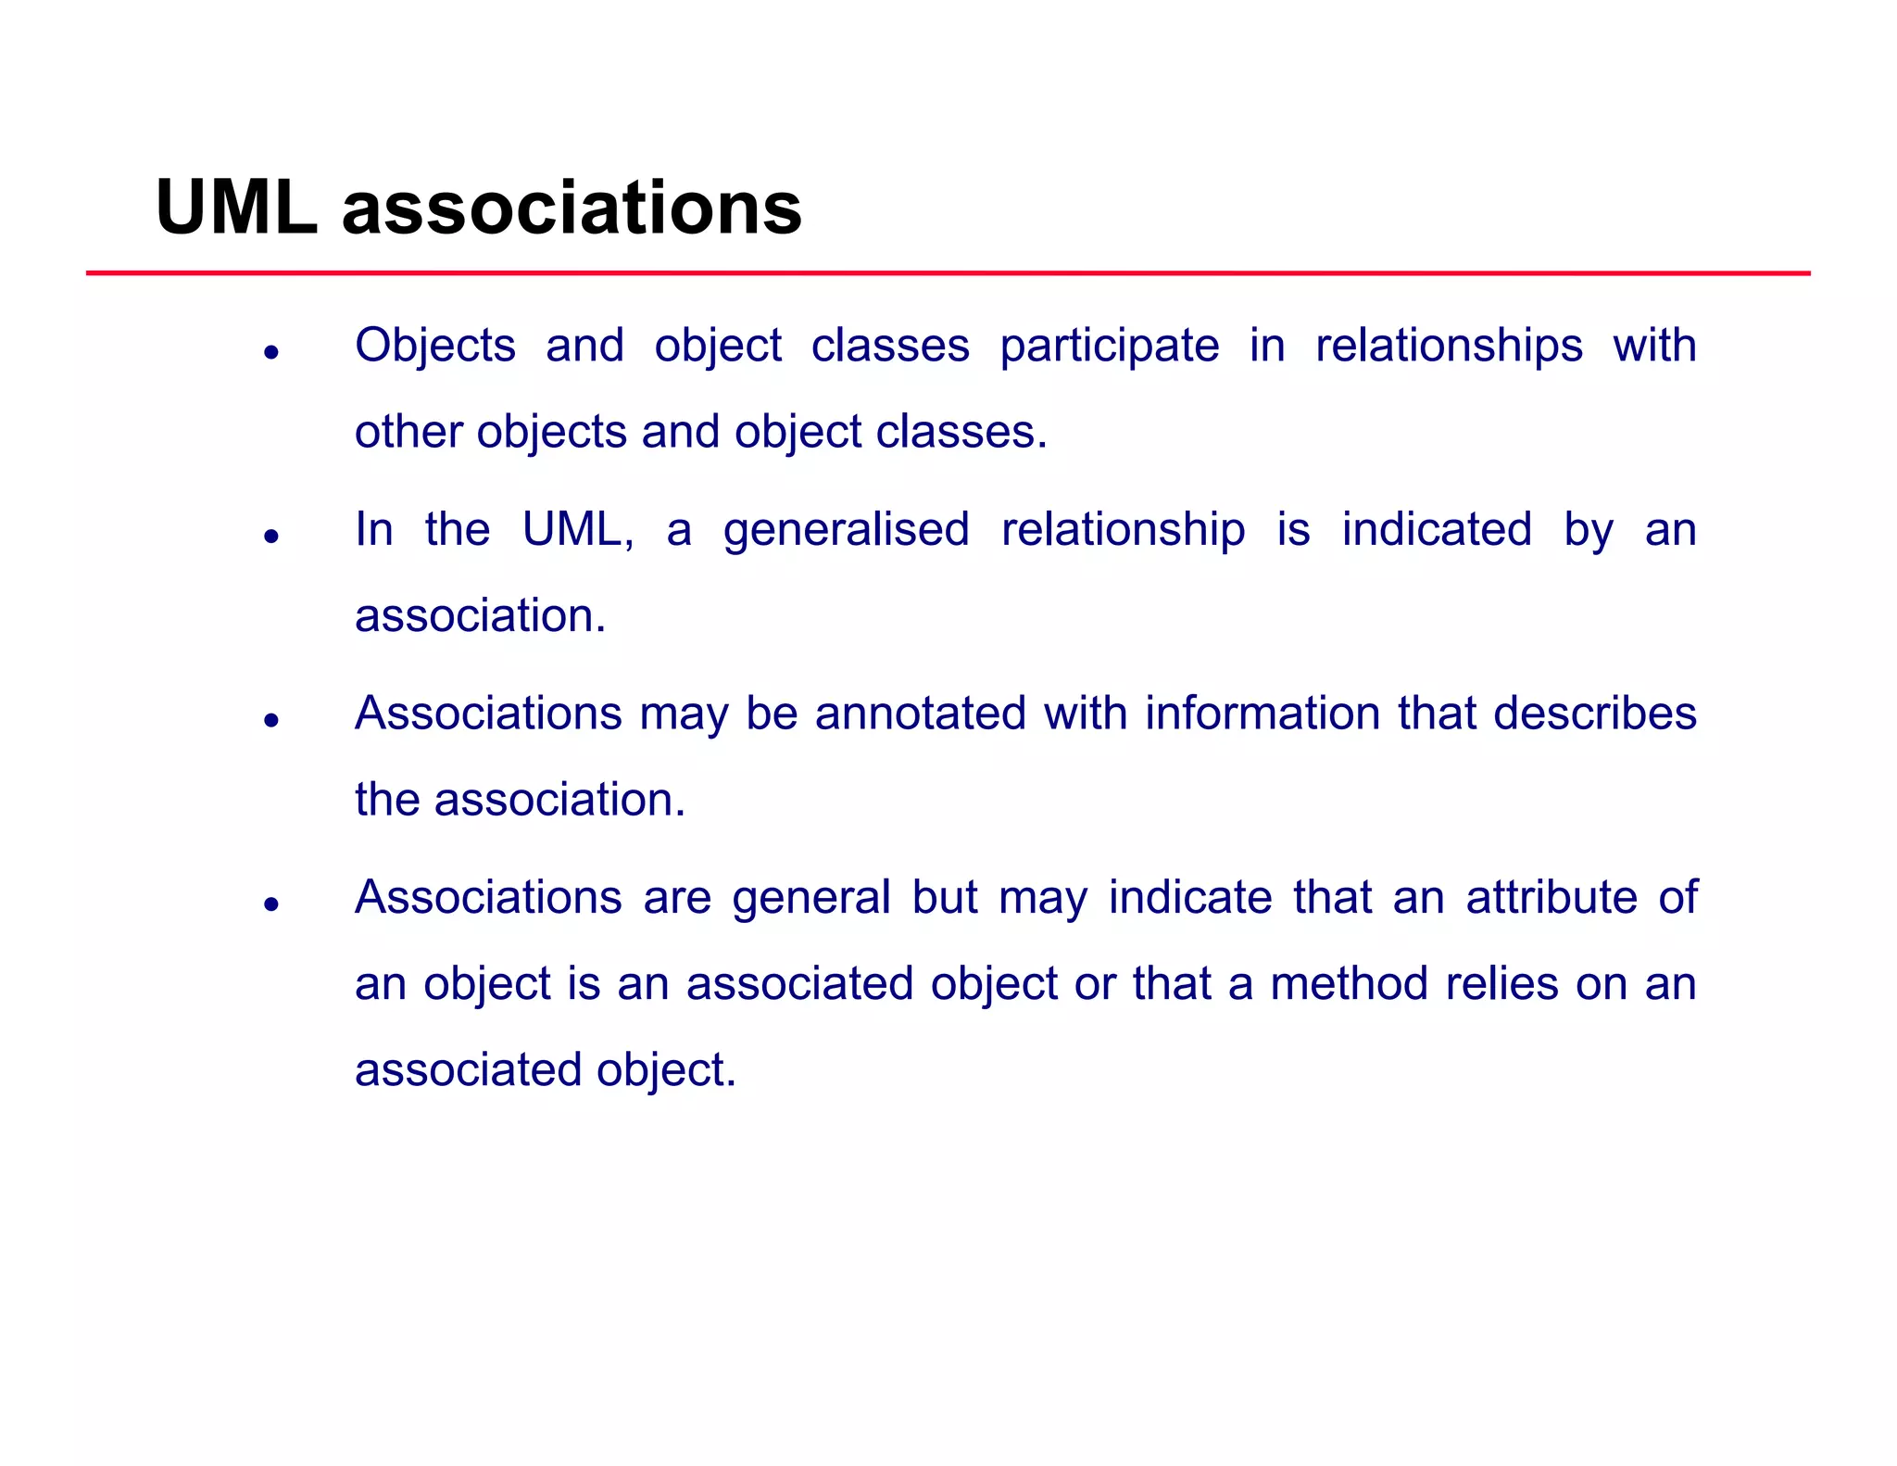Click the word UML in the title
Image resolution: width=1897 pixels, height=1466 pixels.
pyautogui.click(x=236, y=208)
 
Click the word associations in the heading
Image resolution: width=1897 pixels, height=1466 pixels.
pyautogui.click(x=572, y=208)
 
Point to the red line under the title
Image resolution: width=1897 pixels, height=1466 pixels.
pyautogui.click(x=948, y=273)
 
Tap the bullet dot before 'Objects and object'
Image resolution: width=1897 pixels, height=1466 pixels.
pyautogui.click(x=270, y=352)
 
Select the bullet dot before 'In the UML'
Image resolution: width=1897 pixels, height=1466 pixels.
pyautogui.click(x=270, y=536)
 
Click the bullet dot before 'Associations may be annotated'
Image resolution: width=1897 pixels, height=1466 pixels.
pyautogui.click(x=270, y=720)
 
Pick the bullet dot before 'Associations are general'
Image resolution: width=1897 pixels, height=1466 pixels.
pyautogui.click(x=270, y=904)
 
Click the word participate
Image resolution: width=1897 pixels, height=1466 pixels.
pyautogui.click(x=1109, y=347)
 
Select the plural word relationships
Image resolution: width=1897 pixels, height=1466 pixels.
pyautogui.click(x=1449, y=346)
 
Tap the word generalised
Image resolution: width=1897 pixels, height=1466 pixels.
pyautogui.click(x=846, y=531)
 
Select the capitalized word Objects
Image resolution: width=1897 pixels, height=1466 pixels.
pyautogui.click(x=434, y=346)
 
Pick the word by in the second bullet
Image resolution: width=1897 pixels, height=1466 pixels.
pyautogui.click(x=1589, y=531)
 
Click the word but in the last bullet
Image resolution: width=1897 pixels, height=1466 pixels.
pyautogui.click(x=944, y=897)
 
